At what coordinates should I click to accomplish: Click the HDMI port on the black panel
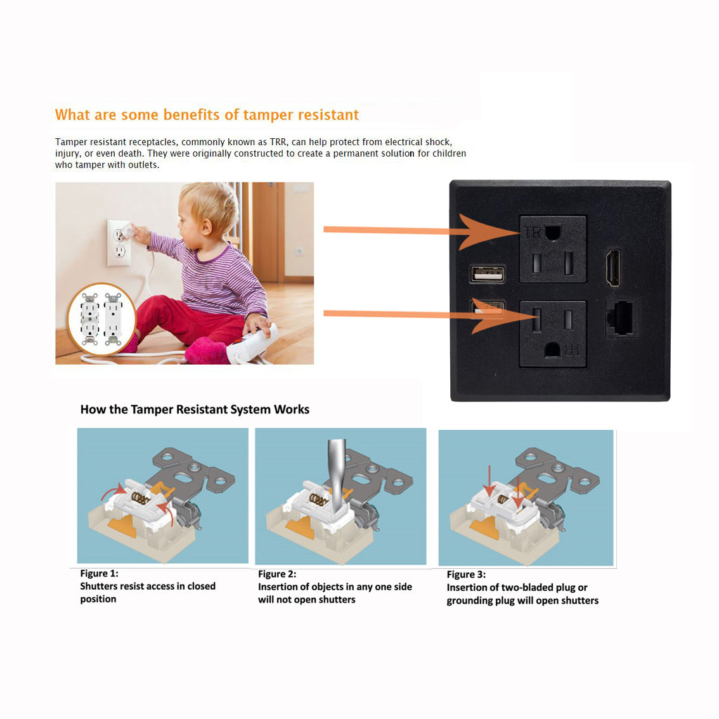[613, 268]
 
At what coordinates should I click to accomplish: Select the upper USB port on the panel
[488, 274]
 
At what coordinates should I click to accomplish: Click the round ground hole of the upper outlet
[553, 233]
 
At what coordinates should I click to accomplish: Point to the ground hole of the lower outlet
[552, 350]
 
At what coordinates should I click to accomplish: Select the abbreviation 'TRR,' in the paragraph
[279, 142]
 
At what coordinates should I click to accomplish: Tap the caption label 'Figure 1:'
[99, 574]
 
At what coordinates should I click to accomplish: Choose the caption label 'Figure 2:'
[277, 574]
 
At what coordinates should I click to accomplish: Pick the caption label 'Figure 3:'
[466, 574]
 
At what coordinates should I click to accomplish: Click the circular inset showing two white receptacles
[102, 319]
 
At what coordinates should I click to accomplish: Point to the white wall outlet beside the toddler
[119, 243]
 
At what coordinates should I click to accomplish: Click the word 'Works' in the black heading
[292, 410]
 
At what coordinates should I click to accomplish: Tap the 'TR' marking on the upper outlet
[533, 233]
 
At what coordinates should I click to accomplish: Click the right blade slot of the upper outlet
[569, 262]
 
